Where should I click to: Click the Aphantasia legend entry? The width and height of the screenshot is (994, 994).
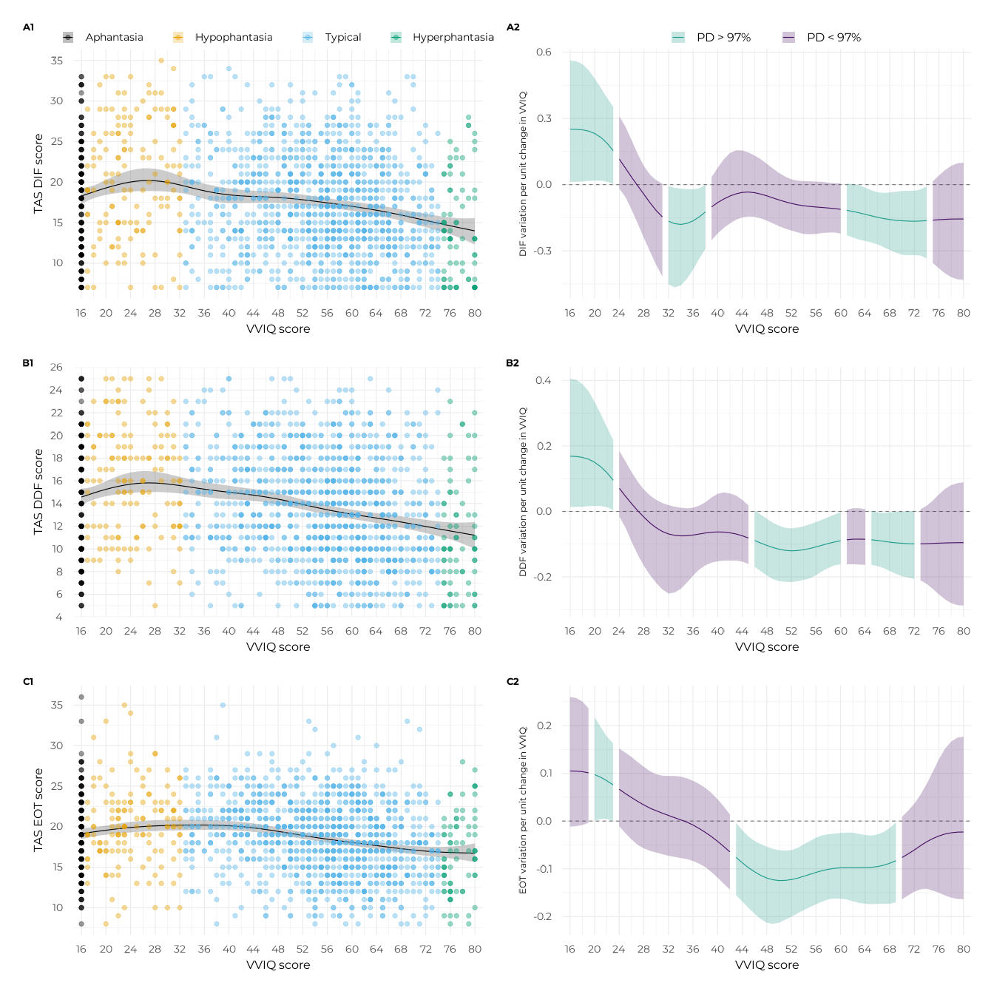point(104,37)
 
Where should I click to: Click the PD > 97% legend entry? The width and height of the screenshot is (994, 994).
point(712,37)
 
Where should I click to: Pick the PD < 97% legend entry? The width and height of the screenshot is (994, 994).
point(823,37)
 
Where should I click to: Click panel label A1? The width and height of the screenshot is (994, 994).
point(28,27)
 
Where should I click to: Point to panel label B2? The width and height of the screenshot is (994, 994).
point(513,363)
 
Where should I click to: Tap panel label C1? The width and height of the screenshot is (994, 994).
point(28,681)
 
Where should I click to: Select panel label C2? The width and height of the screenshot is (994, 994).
point(513,681)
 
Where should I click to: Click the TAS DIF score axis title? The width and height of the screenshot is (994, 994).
point(38,174)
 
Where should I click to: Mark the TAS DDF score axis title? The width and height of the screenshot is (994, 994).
point(38,492)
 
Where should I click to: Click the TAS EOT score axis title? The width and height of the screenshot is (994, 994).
point(38,810)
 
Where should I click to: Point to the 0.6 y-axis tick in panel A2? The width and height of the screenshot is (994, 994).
point(544,52)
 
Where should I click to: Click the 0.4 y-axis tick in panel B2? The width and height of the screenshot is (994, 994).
point(544,380)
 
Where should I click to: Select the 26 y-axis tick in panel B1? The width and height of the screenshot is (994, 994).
point(56,367)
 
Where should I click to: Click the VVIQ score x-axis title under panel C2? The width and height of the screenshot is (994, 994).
point(767,964)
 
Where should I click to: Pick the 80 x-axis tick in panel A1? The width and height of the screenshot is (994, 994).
point(475,313)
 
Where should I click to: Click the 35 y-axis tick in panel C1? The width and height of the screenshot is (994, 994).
point(57,705)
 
